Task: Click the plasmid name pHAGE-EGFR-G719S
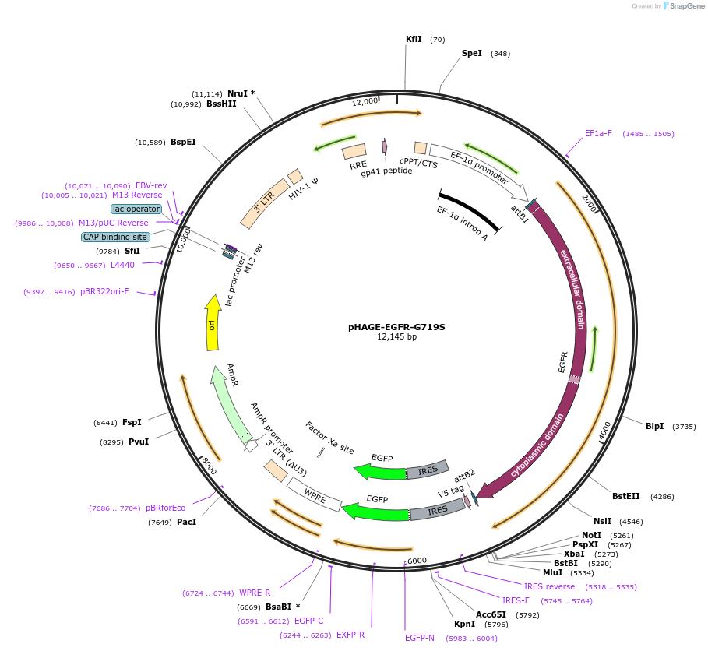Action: [396, 327]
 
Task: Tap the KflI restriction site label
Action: [414, 39]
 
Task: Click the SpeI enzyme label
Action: [472, 54]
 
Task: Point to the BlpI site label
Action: [654, 426]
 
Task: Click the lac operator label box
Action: [136, 209]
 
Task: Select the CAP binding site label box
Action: [115, 237]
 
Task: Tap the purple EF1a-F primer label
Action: [598, 133]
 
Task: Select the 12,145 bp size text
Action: [396, 337]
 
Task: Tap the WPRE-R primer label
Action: [255, 593]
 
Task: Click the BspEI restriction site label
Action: [183, 143]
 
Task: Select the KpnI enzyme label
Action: [464, 624]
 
